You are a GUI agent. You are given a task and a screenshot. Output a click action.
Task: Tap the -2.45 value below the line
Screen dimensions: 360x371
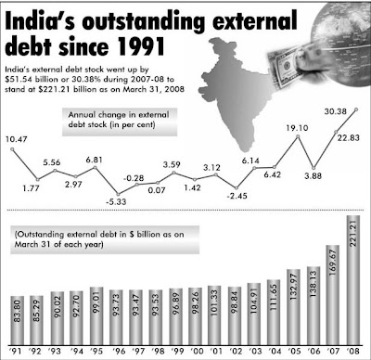click(x=237, y=196)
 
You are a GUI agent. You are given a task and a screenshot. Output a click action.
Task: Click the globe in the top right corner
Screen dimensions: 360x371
click(x=330, y=26)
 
